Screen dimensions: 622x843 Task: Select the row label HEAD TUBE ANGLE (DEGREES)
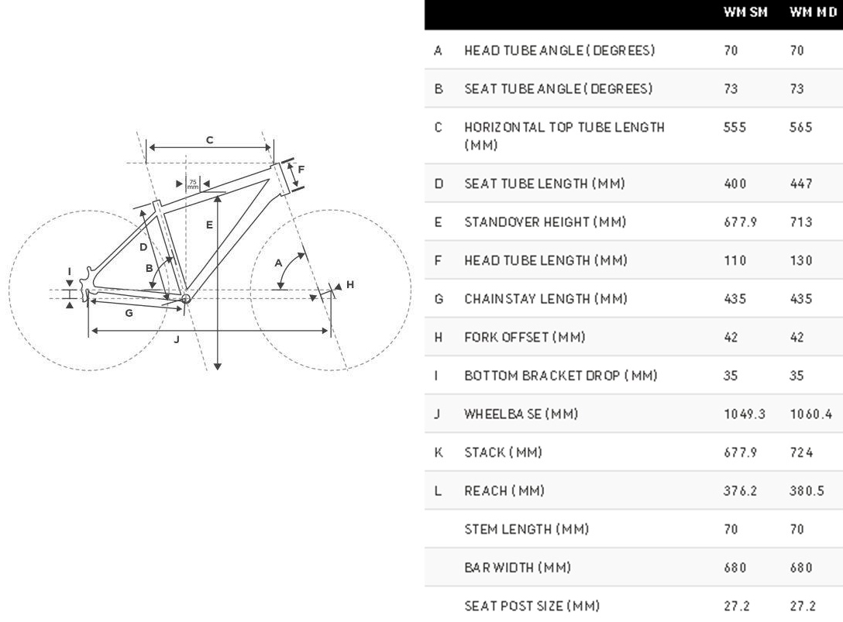559,50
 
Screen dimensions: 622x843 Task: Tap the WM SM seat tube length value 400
735,184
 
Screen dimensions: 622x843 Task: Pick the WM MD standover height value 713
801,222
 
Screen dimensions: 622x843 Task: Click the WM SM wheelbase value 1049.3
745,414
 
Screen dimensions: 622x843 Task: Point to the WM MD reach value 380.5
807,491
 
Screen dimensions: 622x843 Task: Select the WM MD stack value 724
801,452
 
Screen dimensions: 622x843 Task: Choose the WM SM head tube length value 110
735,260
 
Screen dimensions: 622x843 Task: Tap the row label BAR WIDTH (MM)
518,568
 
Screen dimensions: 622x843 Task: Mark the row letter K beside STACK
439,452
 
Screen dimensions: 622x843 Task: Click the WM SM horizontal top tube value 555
735,127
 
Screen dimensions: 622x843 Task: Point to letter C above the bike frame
210,140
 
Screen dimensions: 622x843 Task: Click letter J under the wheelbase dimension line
177,339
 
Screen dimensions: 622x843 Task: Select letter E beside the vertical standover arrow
209,225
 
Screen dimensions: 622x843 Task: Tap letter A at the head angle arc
279,263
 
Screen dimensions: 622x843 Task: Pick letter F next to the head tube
301,170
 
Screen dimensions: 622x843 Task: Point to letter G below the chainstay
129,313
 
